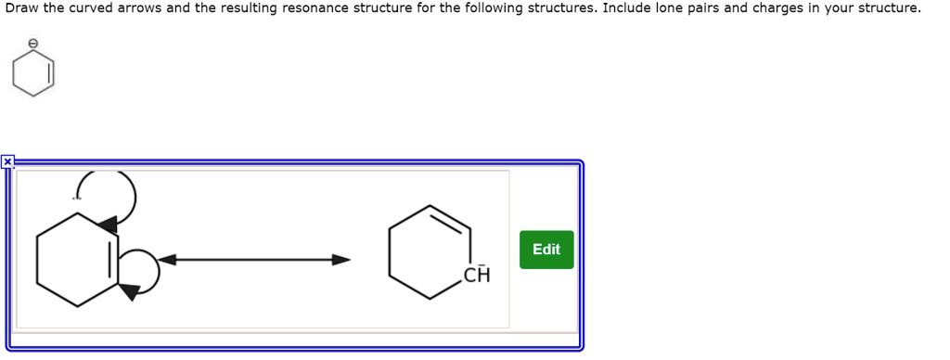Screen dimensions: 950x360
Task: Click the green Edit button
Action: click(x=546, y=250)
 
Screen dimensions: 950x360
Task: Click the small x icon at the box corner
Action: click(x=7, y=162)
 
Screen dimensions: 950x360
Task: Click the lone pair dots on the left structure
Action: click(x=78, y=197)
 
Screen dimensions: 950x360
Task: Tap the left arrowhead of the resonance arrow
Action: click(x=170, y=260)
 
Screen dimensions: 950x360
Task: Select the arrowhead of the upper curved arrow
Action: click(x=108, y=223)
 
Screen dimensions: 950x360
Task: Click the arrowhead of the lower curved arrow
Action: click(x=129, y=292)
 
